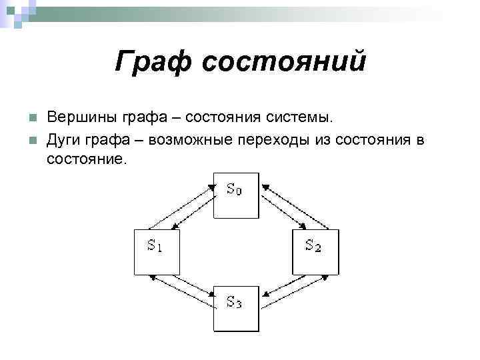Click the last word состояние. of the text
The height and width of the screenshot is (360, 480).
[86, 161]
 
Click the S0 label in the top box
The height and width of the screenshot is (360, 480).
[234, 189]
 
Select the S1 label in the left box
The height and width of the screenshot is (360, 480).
[155, 246]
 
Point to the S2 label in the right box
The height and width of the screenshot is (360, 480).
[313, 246]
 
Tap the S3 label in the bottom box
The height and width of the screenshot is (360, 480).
[234, 303]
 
